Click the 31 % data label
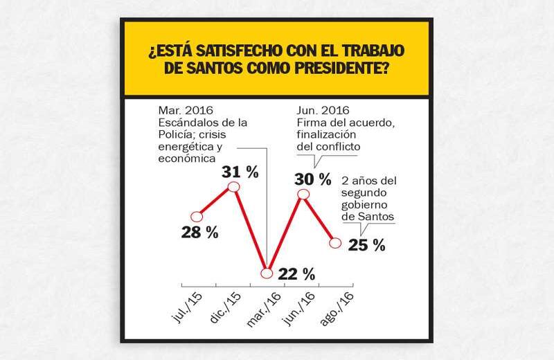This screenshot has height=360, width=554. coord(240,172)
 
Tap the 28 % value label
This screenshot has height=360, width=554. coord(200,233)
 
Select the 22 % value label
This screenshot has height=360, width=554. coord(298,273)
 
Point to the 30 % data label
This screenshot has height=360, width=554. coord(313,179)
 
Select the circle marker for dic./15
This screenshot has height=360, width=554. coord(233,187)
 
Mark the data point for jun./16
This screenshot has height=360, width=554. coord(303,195)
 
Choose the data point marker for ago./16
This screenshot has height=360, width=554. coord(336,243)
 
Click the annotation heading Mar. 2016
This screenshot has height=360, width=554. coord(185,110)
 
